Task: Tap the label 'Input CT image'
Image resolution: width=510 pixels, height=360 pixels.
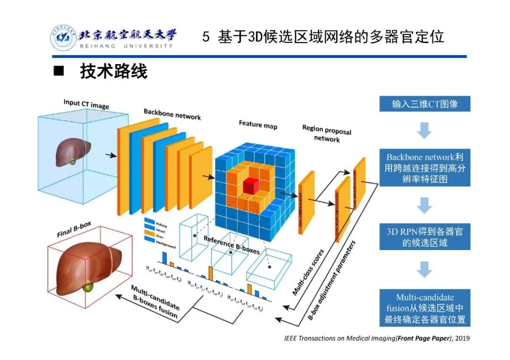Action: click(x=86, y=104)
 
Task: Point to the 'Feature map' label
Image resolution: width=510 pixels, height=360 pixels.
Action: click(x=258, y=125)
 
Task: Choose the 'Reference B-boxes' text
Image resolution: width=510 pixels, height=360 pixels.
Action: click(x=231, y=245)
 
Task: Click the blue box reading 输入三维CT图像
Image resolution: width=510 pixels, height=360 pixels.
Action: click(x=425, y=104)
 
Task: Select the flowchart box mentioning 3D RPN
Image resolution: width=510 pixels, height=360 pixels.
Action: click(x=425, y=237)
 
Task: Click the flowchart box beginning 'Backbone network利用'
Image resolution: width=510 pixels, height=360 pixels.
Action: click(x=425, y=168)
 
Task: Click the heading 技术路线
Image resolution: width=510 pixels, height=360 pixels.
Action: click(x=114, y=71)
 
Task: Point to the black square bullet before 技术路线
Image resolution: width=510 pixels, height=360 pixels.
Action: click(x=59, y=71)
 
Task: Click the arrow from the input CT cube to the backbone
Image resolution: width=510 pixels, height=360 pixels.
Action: click(x=110, y=155)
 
